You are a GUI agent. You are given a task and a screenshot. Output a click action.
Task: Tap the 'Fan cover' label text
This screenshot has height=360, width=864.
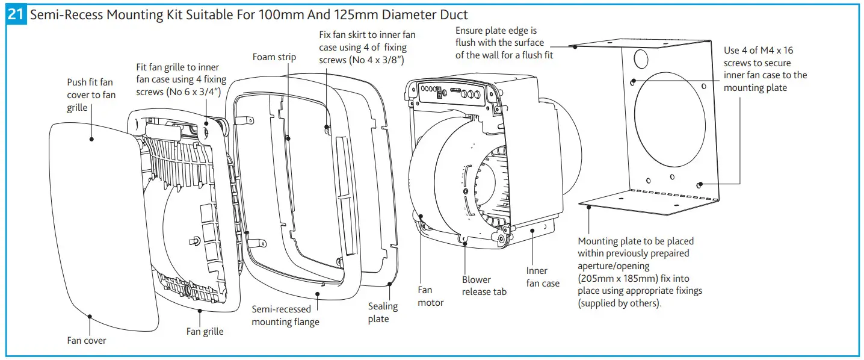pos(87,341)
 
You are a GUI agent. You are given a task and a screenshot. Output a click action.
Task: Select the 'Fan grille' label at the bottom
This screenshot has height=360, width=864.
pos(205,332)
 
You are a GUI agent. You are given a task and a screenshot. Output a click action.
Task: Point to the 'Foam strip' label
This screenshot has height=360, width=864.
pos(274,57)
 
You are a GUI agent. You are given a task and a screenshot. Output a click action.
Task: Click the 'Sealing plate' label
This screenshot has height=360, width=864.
pos(383,312)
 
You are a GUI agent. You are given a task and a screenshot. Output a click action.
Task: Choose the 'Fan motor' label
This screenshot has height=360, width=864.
pos(431,296)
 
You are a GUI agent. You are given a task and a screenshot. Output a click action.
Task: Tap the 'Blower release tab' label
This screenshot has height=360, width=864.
pos(484,285)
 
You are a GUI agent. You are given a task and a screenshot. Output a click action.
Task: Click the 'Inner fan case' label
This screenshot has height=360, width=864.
pos(542,277)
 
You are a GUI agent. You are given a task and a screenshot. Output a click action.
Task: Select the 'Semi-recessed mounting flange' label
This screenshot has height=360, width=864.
pos(285,315)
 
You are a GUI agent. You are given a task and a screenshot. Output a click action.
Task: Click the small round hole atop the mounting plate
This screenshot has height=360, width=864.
pos(640,59)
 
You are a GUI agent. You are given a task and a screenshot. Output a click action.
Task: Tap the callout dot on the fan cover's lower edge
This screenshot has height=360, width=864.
pos(89,315)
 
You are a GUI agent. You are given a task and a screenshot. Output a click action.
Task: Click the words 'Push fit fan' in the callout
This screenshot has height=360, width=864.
pos(90,82)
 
